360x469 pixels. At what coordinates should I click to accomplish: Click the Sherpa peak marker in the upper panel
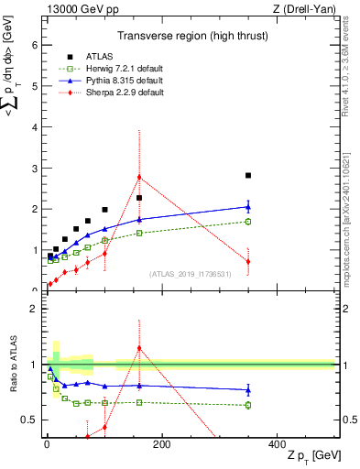139,177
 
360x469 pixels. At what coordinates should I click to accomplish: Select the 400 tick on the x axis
277,444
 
